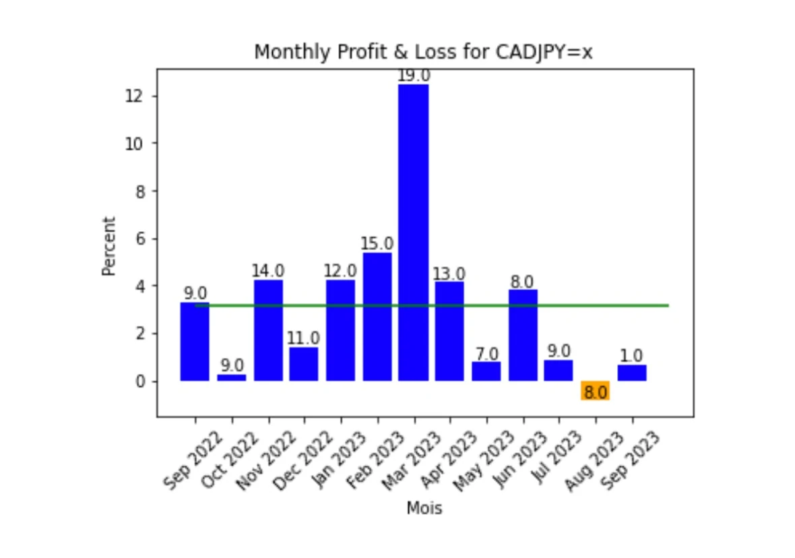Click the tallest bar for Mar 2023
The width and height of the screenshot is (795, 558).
tap(413, 232)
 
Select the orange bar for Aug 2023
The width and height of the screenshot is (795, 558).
tap(596, 390)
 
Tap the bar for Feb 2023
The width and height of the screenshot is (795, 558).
tap(377, 317)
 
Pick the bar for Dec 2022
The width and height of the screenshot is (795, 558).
tap(304, 364)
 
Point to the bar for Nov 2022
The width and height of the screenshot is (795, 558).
tap(268, 330)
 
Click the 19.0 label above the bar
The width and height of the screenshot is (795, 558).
tap(413, 75)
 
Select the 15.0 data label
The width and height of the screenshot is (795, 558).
tap(377, 244)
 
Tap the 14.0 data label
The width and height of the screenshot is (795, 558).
tap(268, 271)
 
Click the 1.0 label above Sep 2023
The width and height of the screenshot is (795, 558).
tap(631, 356)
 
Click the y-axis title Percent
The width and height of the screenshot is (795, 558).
tap(109, 246)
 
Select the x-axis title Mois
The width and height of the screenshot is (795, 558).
tap(424, 509)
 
